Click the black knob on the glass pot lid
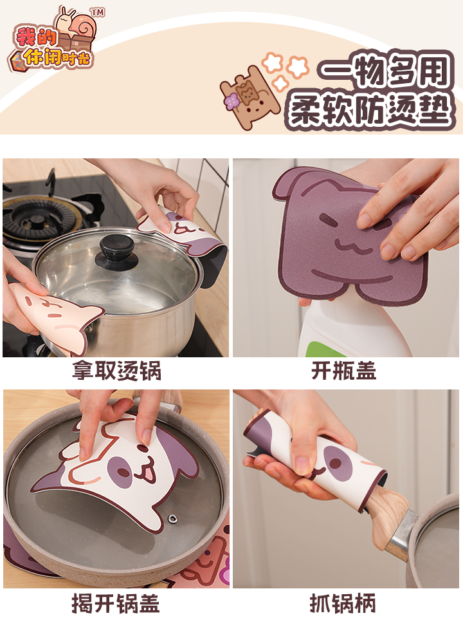tap(116, 252)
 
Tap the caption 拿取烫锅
tap(117, 371)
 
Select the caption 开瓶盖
tap(343, 371)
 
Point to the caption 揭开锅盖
tap(116, 603)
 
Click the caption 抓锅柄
tap(343, 603)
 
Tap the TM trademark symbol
tap(98, 12)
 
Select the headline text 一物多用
tap(385, 71)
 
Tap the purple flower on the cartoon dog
tap(232, 102)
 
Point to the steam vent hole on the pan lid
tap(172, 519)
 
